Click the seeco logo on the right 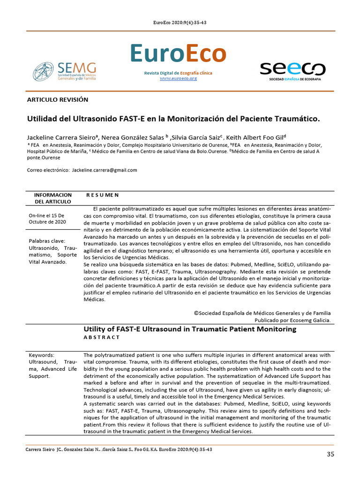click(x=292, y=71)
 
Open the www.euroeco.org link click(x=178, y=78)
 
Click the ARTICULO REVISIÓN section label click(x=58, y=100)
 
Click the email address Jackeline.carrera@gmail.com click(x=105, y=170)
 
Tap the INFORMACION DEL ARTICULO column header click(x=53, y=198)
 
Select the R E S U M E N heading click(x=102, y=195)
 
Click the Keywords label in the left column click(x=42, y=355)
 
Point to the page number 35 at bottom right click(x=330, y=454)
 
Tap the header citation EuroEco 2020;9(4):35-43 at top click(x=180, y=23)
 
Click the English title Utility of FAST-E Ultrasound click(x=190, y=329)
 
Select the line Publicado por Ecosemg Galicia click(x=292, y=320)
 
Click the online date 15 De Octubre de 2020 click(x=47, y=218)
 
